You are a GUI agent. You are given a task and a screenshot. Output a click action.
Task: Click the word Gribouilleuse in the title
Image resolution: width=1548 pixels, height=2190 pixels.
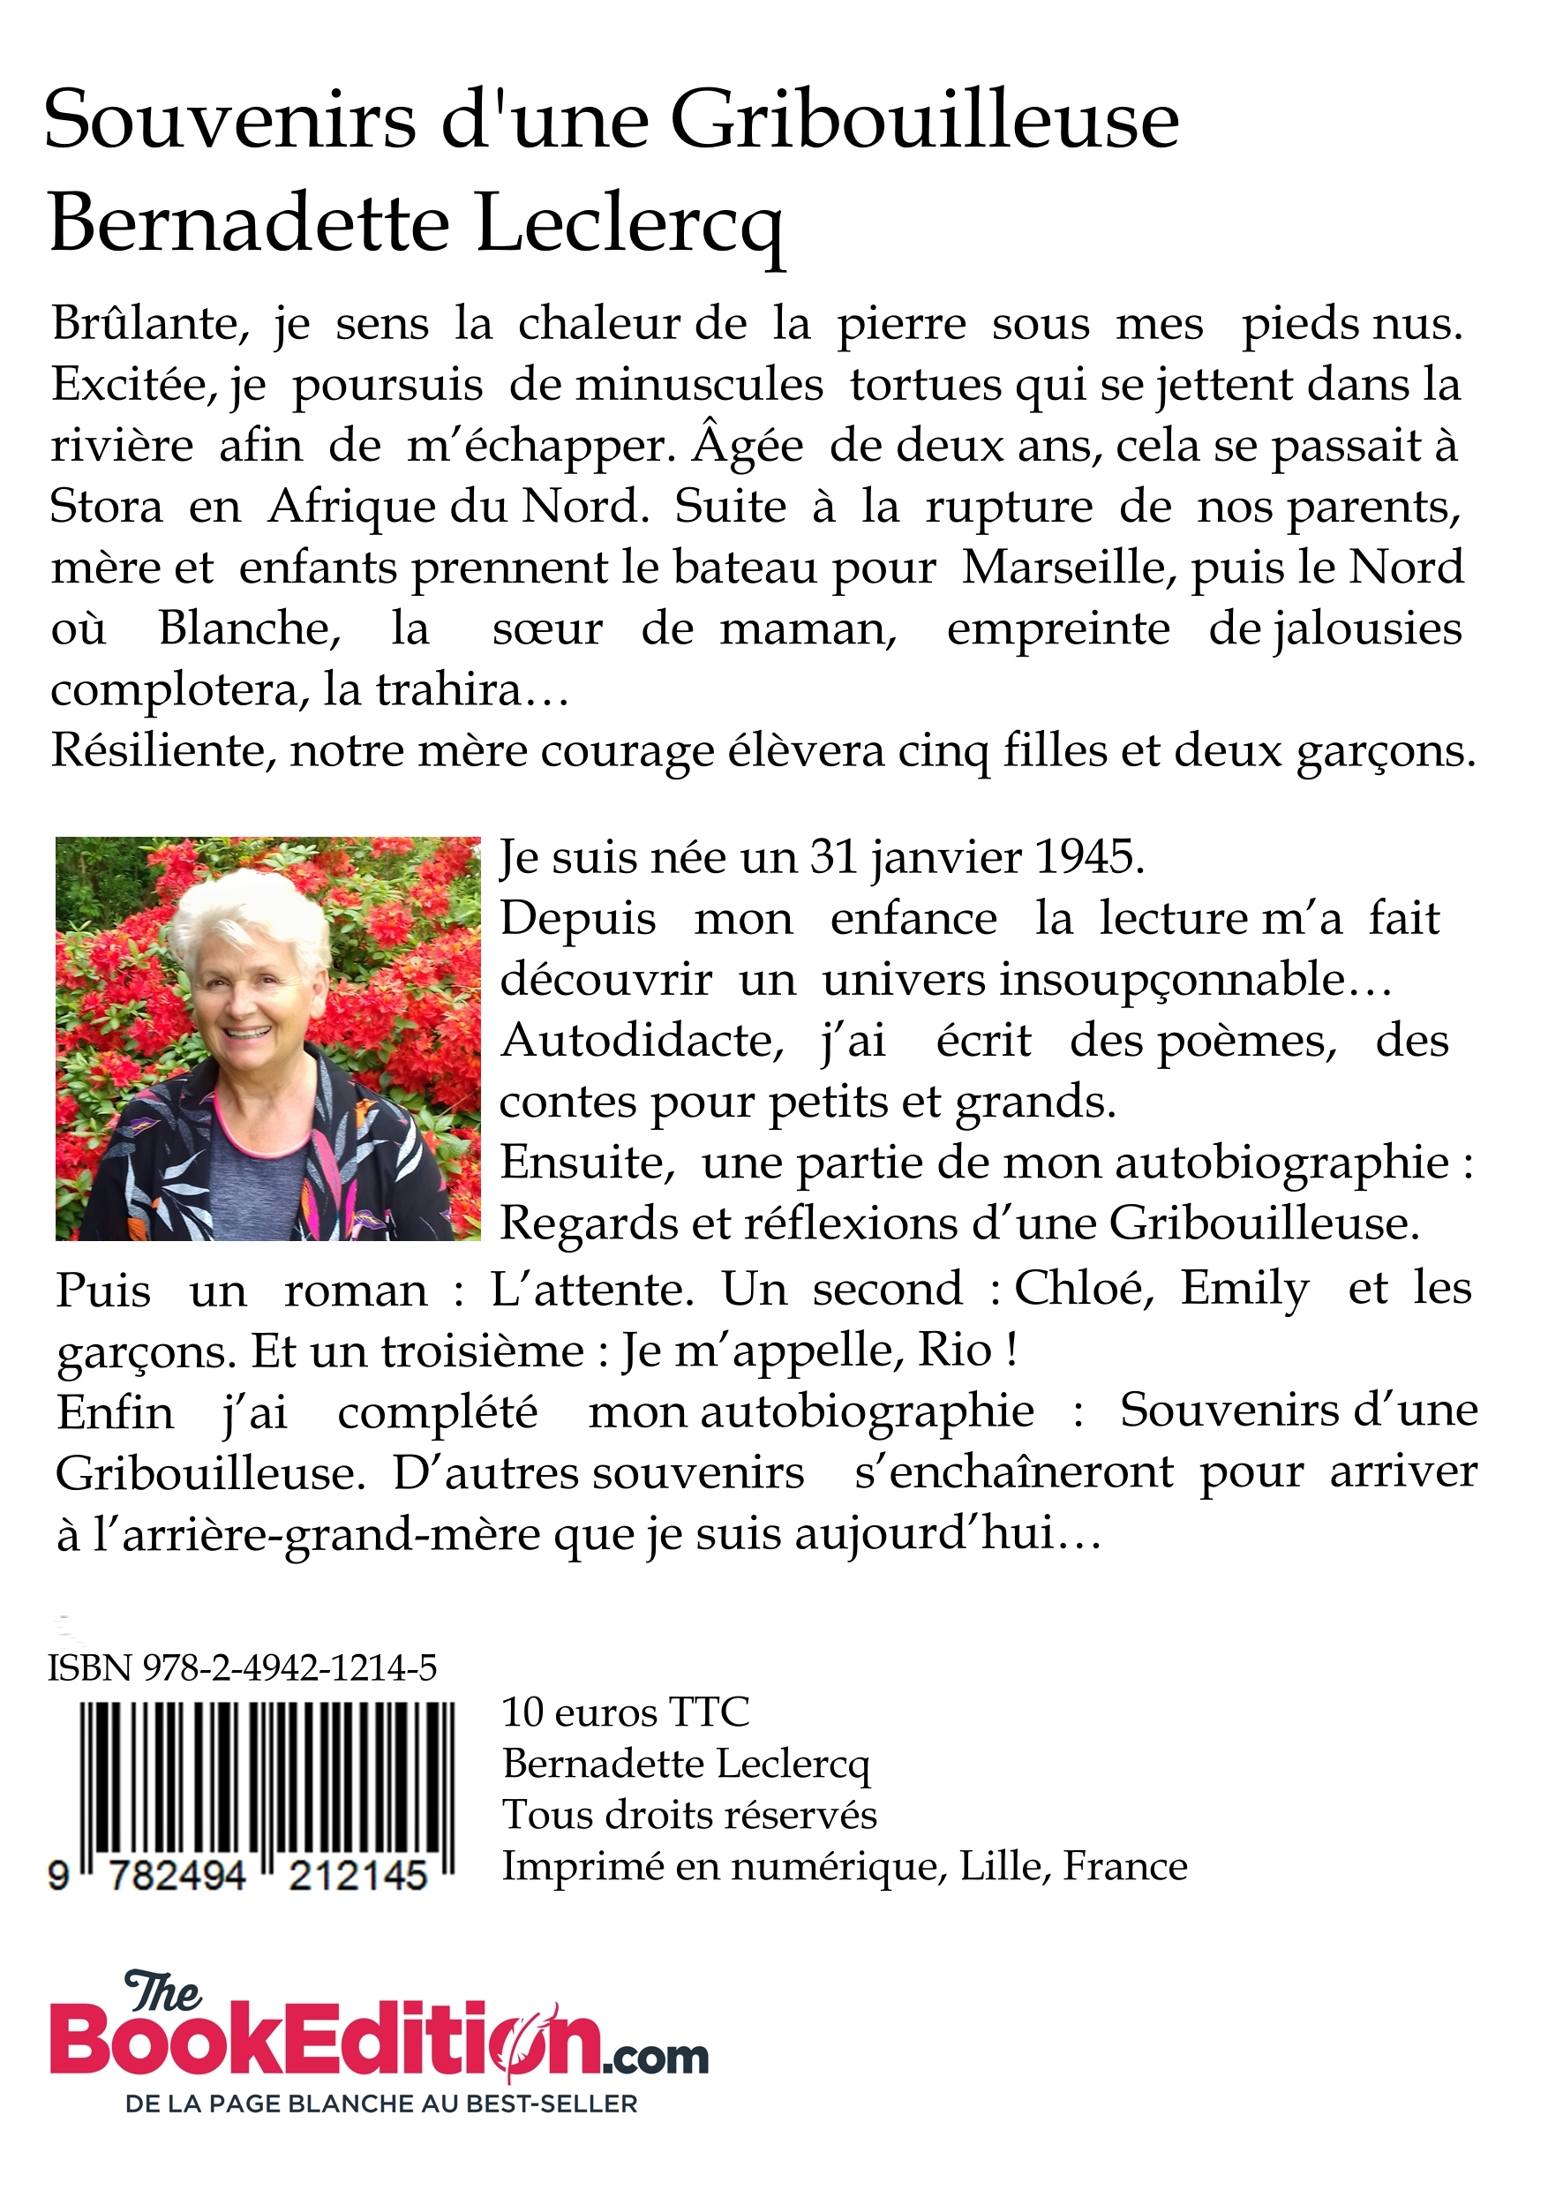[x=923, y=122]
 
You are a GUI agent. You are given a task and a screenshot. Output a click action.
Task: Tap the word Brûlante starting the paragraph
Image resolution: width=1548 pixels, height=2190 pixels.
[x=150, y=324]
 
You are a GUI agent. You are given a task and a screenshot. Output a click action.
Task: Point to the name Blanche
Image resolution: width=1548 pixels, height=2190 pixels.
[x=248, y=629]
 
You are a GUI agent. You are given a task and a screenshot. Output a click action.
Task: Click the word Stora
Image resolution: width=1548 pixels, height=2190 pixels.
[x=106, y=507]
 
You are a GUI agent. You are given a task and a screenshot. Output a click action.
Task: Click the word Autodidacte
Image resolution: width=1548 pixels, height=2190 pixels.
[x=641, y=1041]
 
